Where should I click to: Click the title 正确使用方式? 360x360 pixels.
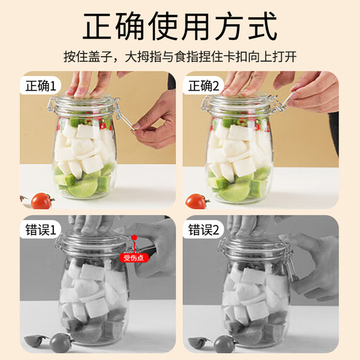pos(180,27)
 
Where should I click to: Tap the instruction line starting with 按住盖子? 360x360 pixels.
pos(180,57)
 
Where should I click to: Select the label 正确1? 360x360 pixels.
pos(43,87)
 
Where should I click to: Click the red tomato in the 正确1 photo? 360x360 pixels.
pos(42,201)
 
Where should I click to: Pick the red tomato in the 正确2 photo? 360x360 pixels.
pos(197,201)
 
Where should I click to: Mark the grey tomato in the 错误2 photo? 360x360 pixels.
pos(223,343)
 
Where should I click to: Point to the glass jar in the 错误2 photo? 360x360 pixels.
pos(253,298)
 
